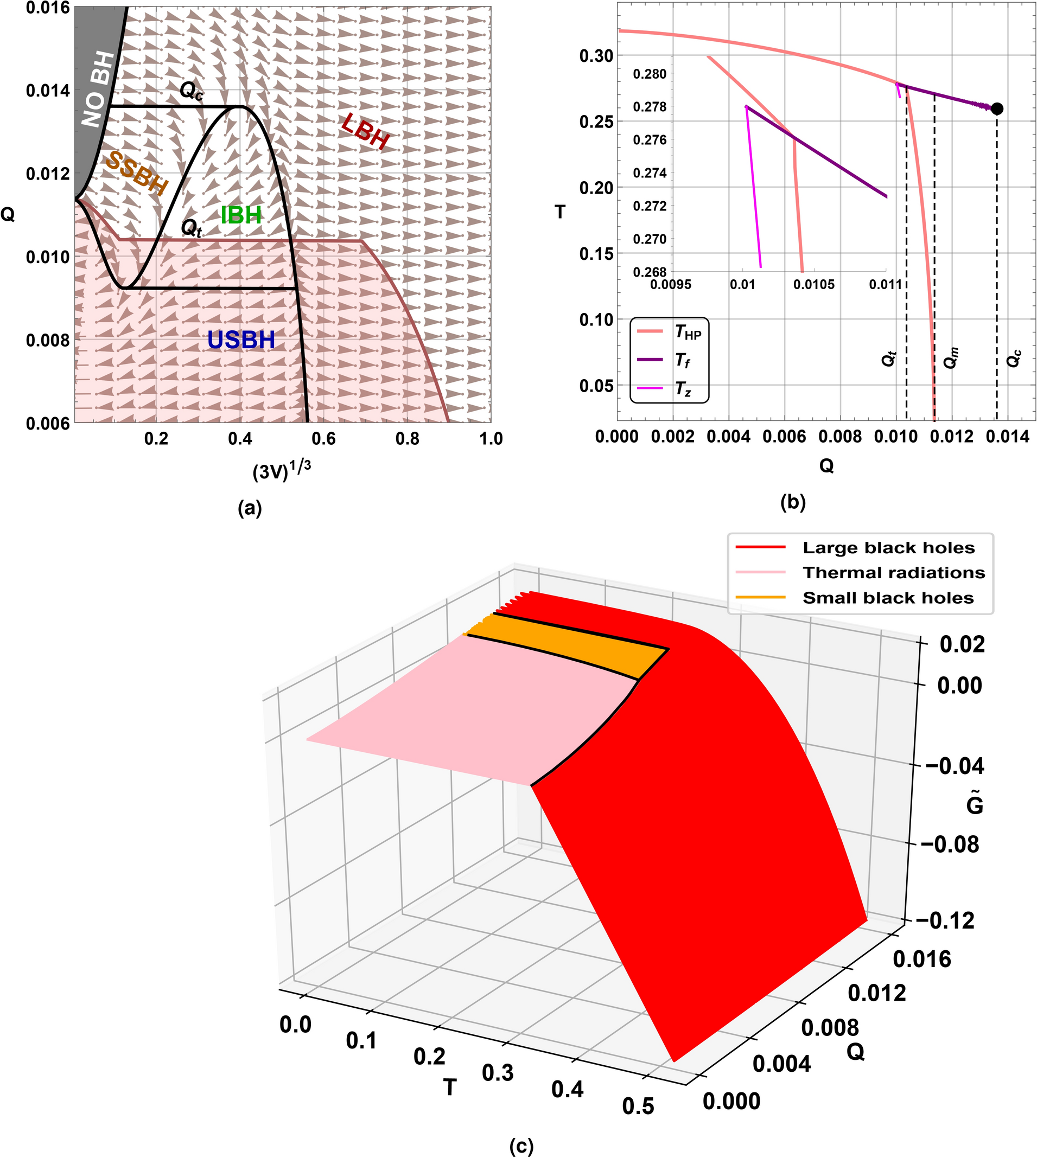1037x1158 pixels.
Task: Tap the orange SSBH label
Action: (137, 173)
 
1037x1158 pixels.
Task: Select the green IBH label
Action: (241, 215)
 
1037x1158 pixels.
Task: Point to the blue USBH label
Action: (241, 340)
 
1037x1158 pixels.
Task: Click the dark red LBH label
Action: (366, 132)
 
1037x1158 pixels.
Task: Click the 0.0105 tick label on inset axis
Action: (813, 284)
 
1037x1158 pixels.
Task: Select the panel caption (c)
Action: (521, 1146)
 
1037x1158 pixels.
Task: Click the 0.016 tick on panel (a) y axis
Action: (48, 8)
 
